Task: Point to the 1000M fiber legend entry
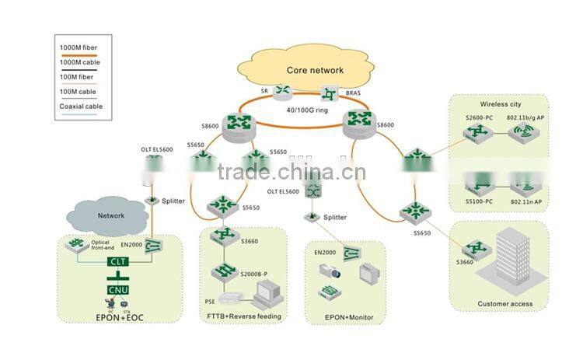pos(79,48)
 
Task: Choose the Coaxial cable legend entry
pos(81,107)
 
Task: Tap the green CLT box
pos(118,264)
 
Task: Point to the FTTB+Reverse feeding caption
pos(244,316)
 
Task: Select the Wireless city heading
pos(500,104)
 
